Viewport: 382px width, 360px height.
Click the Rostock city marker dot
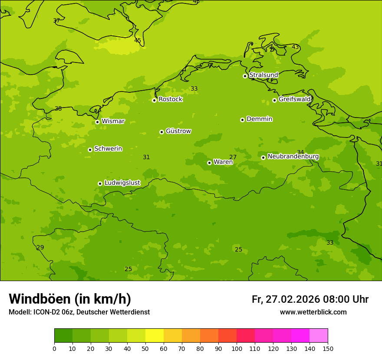tap(154, 100)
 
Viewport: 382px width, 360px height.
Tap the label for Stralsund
tap(263, 75)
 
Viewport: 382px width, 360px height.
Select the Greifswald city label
tap(294, 99)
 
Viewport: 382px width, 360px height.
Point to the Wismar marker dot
tap(97, 122)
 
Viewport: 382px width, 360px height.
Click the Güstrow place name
tap(178, 131)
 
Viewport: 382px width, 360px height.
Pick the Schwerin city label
tap(108, 149)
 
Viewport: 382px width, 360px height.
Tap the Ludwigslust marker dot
tap(100, 183)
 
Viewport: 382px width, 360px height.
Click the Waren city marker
tap(209, 163)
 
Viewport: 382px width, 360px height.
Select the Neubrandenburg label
tap(293, 157)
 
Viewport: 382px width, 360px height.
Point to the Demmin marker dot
tap(242, 120)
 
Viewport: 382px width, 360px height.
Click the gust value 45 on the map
tap(138, 40)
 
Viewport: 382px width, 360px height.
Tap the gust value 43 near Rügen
tap(295, 47)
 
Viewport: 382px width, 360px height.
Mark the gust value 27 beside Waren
tap(233, 157)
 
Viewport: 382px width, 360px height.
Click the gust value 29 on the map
tap(40, 247)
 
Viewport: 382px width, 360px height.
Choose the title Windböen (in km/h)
tap(70, 299)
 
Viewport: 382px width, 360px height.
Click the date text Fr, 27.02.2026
tap(286, 299)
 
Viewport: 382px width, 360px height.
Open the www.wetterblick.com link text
tap(313, 312)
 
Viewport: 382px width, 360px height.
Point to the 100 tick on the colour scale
tap(237, 348)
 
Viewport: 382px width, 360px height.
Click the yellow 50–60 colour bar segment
tap(155, 336)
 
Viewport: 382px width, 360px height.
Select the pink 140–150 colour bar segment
tap(319, 336)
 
